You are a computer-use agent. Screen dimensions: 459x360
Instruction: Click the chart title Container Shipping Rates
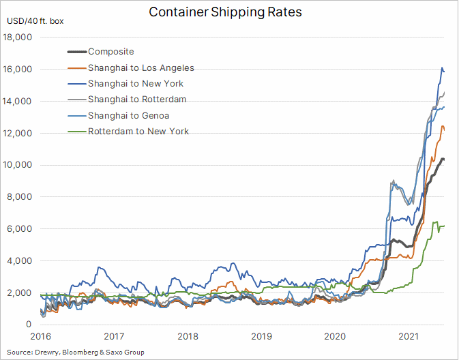click(x=225, y=12)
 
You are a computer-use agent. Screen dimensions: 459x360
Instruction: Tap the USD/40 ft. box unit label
click(x=35, y=21)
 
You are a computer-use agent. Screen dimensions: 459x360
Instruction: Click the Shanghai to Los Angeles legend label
click(x=141, y=68)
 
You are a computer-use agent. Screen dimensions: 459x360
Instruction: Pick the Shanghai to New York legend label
click(x=136, y=84)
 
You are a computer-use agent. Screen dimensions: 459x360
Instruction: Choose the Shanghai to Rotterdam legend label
click(x=137, y=100)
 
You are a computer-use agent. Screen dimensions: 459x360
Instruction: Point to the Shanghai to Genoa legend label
click(x=128, y=116)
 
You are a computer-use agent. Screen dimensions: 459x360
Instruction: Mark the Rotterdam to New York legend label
click(x=138, y=131)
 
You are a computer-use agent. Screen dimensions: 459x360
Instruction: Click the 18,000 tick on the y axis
click(x=17, y=37)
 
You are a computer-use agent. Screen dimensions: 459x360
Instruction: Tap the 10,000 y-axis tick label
click(x=17, y=165)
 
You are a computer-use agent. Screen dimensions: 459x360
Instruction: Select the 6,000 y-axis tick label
click(x=19, y=228)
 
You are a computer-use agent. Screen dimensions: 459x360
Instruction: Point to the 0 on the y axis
click(x=29, y=324)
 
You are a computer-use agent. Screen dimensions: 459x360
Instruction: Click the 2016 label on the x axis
click(x=41, y=337)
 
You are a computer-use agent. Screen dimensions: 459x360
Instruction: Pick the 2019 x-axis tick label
click(x=262, y=337)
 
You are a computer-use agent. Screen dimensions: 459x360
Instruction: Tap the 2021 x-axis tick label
click(x=409, y=337)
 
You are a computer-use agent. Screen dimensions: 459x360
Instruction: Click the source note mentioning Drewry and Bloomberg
click(x=76, y=352)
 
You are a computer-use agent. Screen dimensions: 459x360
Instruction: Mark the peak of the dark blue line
click(x=442, y=67)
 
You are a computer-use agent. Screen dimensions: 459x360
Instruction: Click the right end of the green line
click(x=444, y=226)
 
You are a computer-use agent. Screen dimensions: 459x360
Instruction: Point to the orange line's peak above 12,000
click(x=443, y=126)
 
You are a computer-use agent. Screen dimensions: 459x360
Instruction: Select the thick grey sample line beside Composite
click(x=77, y=52)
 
